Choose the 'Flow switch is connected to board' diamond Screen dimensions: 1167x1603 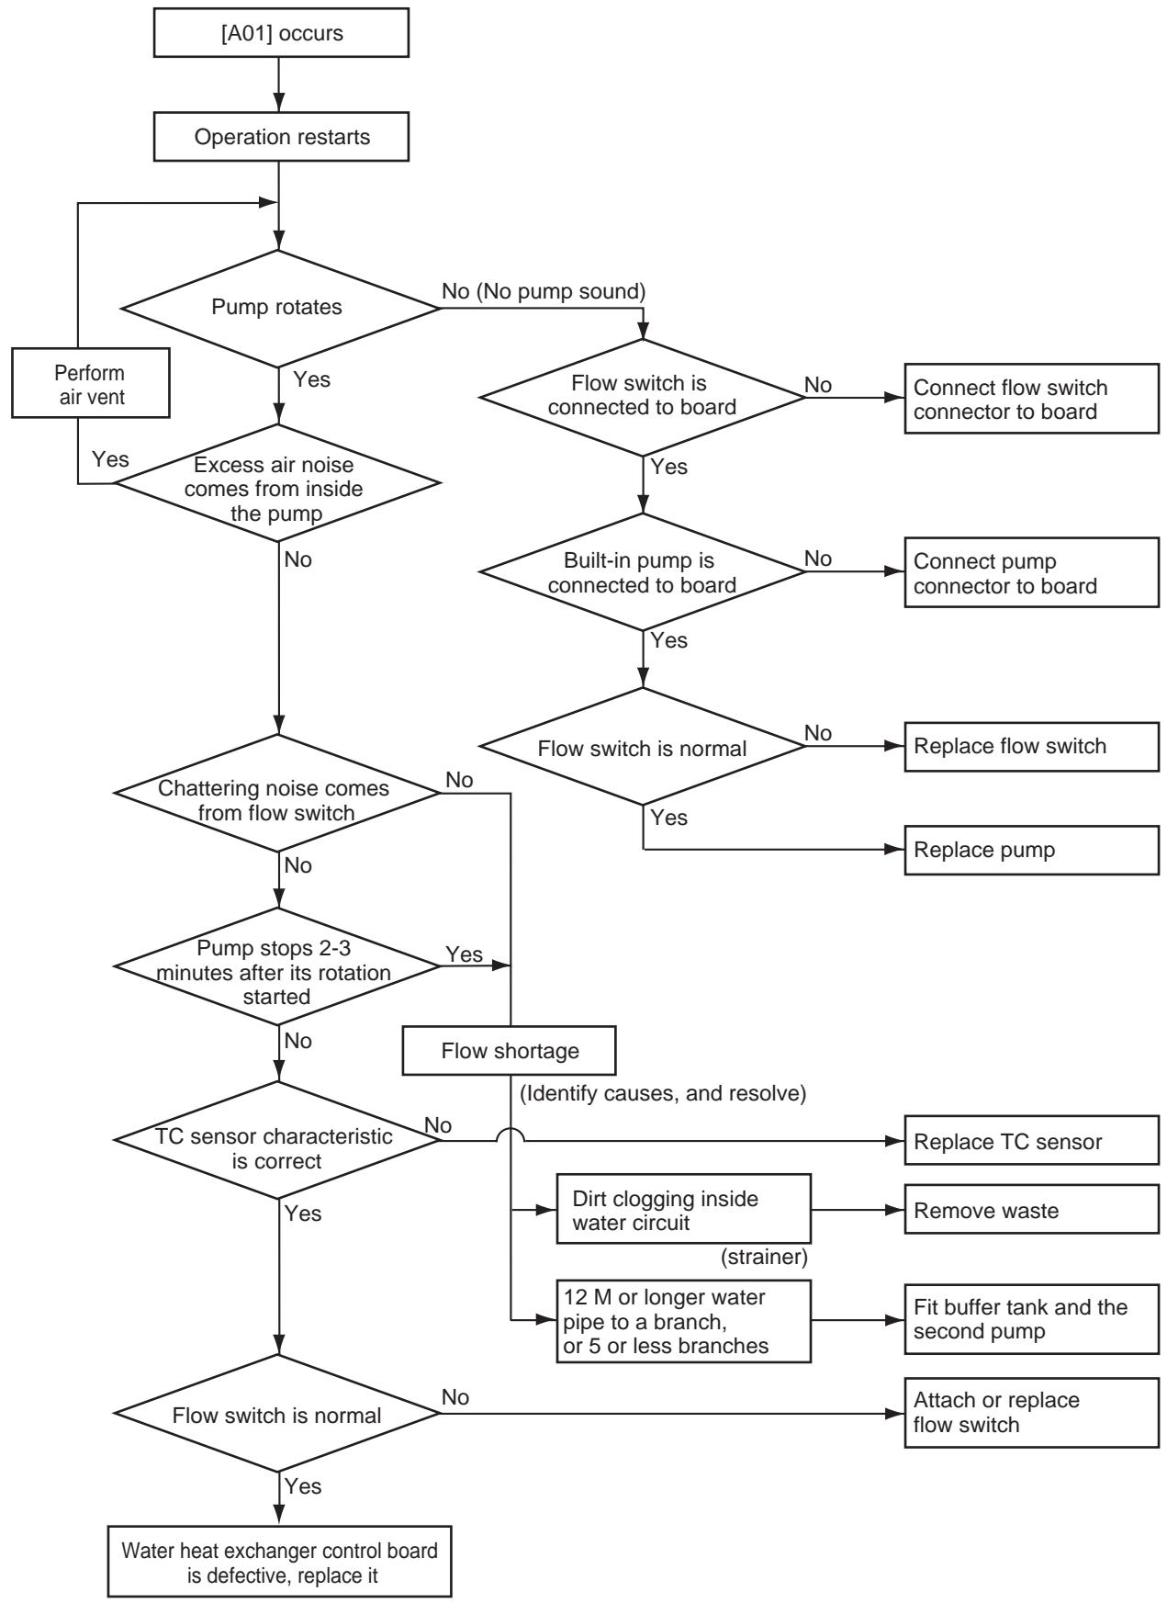[642, 397]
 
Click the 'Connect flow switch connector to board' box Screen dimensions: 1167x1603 [1031, 400]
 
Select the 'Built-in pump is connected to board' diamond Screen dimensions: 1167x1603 [642, 571]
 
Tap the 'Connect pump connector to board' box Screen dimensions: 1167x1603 [1031, 573]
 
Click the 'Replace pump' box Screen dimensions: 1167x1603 [1031, 850]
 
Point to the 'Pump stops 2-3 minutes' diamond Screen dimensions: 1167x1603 [277, 966]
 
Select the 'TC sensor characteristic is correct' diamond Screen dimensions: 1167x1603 [277, 1140]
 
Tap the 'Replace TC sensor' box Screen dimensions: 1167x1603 [1031, 1141]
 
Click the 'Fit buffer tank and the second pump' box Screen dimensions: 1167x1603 [1031, 1318]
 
